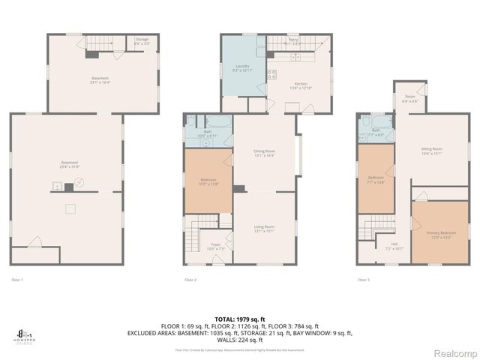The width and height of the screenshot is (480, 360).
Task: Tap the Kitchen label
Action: (x=301, y=85)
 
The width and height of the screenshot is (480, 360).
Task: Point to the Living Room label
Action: (x=263, y=229)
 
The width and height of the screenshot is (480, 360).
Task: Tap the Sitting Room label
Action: (x=430, y=151)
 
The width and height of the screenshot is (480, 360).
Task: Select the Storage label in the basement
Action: (x=141, y=40)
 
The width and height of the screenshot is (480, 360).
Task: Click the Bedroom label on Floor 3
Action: (x=376, y=178)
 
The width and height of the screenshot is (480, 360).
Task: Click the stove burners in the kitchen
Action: (x=275, y=74)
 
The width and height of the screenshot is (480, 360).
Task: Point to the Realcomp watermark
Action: (x=452, y=352)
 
